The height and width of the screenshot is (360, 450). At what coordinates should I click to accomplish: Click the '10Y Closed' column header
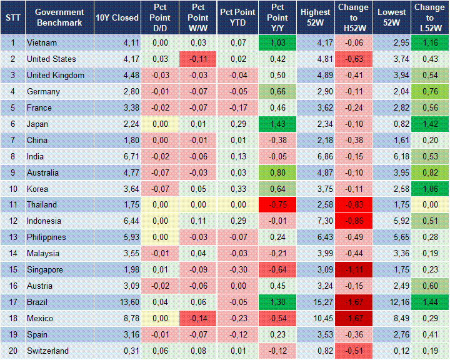coord(117,17)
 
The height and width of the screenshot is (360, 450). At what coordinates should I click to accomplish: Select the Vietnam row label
coord(42,42)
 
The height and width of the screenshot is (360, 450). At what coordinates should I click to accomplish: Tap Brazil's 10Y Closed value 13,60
coord(129,302)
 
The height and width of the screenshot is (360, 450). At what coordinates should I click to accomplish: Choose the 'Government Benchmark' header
coord(59,17)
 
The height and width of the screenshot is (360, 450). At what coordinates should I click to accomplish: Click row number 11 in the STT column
coord(12,204)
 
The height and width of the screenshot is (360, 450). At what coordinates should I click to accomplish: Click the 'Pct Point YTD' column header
coord(237,17)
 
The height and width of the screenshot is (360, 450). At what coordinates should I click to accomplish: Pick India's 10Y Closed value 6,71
coord(129,156)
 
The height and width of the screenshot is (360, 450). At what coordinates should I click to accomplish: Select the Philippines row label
coord(47,237)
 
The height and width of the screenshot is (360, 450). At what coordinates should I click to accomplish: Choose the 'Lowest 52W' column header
coord(392,17)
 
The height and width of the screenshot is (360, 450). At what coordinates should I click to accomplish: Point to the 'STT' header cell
coord(12,17)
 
